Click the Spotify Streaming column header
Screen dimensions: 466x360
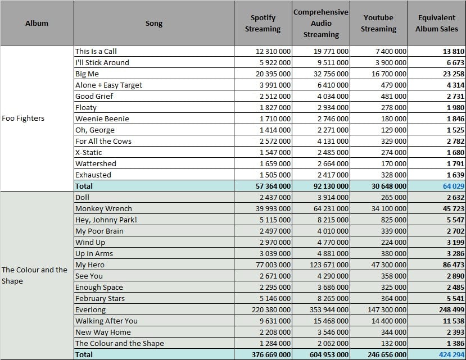pos(263,23)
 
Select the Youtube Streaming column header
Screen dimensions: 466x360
pos(378,23)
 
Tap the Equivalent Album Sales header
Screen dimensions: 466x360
pos(437,23)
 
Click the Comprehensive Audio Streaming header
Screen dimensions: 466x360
pos(320,23)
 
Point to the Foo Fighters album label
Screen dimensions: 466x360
pos(23,118)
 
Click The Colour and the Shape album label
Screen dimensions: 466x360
pos(34,275)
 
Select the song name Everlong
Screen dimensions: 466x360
pos(91,310)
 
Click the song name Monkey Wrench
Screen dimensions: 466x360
pos(103,208)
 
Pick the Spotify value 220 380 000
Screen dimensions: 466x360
pos(271,310)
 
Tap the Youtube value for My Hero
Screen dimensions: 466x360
pos(388,265)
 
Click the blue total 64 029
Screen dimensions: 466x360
pos(453,186)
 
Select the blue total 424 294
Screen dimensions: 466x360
pos(451,354)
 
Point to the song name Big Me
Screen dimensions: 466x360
pos(87,74)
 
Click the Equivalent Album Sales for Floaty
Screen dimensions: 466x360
pos(455,107)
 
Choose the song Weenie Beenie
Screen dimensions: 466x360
pos(102,119)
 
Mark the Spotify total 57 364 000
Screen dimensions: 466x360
pos(273,186)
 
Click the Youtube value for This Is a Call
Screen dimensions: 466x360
pos(391,51)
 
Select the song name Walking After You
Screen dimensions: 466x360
pos(106,321)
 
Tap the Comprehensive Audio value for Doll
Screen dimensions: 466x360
pos(333,198)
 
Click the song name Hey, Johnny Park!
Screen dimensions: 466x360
pos(106,220)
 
